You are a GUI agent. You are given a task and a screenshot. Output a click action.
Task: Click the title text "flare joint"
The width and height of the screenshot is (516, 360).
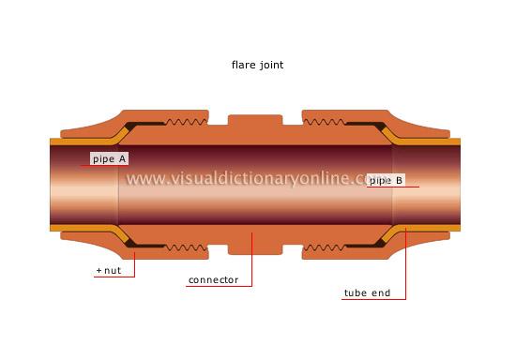[x=258, y=66]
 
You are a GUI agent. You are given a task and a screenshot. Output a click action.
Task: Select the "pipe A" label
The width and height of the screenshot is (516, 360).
[x=111, y=158]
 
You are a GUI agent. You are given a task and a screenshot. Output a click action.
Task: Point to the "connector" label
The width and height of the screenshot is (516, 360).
[x=214, y=279]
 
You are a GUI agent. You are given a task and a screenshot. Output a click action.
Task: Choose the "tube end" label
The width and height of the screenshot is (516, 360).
[x=366, y=292]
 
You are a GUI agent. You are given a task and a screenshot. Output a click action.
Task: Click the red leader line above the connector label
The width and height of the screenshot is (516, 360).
[x=251, y=258]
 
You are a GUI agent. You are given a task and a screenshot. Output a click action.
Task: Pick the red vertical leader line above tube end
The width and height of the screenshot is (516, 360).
[x=405, y=267]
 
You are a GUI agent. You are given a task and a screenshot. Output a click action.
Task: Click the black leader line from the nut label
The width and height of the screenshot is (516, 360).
[x=134, y=258]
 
